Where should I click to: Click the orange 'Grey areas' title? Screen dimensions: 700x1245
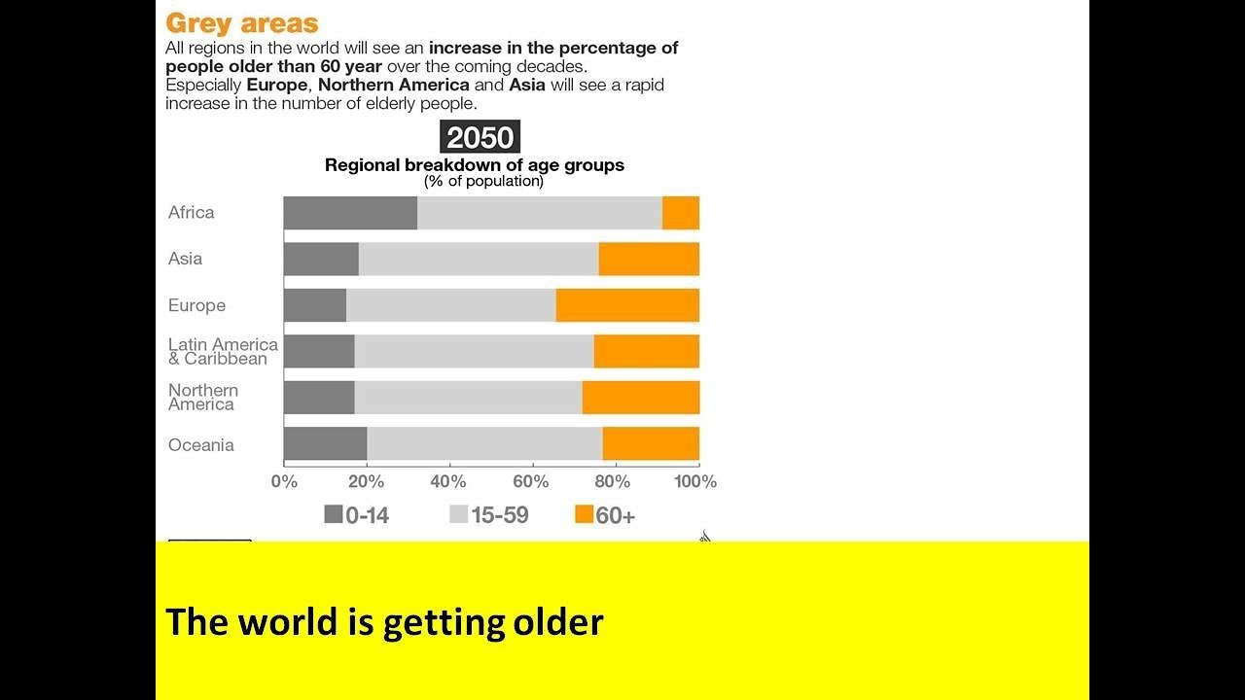coord(242,22)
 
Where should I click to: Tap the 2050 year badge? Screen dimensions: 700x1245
coord(480,137)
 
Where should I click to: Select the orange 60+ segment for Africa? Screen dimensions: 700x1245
coord(681,213)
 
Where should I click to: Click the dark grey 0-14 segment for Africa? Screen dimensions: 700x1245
coord(350,213)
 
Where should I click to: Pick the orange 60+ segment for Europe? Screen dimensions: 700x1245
coord(627,305)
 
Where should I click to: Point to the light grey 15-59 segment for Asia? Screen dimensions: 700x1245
coord(479,259)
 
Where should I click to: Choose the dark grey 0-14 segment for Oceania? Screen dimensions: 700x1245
coord(325,443)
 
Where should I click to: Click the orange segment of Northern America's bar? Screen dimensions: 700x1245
coord(641,398)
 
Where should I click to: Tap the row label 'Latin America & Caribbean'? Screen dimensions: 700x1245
coord(223,351)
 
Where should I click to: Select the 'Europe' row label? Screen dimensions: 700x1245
coord(196,305)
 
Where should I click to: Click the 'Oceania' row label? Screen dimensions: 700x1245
coord(201,444)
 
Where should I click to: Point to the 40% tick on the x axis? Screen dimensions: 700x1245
coord(448,481)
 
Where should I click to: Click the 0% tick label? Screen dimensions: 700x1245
coord(284,481)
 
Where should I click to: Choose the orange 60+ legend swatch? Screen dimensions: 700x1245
coord(584,514)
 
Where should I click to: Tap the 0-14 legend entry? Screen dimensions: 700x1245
coord(356,515)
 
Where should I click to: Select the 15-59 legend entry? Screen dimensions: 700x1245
coord(488,515)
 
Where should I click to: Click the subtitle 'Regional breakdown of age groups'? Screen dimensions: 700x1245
coord(475,165)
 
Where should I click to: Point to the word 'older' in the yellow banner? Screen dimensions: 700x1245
coord(558,621)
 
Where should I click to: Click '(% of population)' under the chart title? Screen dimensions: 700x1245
coord(483,181)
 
